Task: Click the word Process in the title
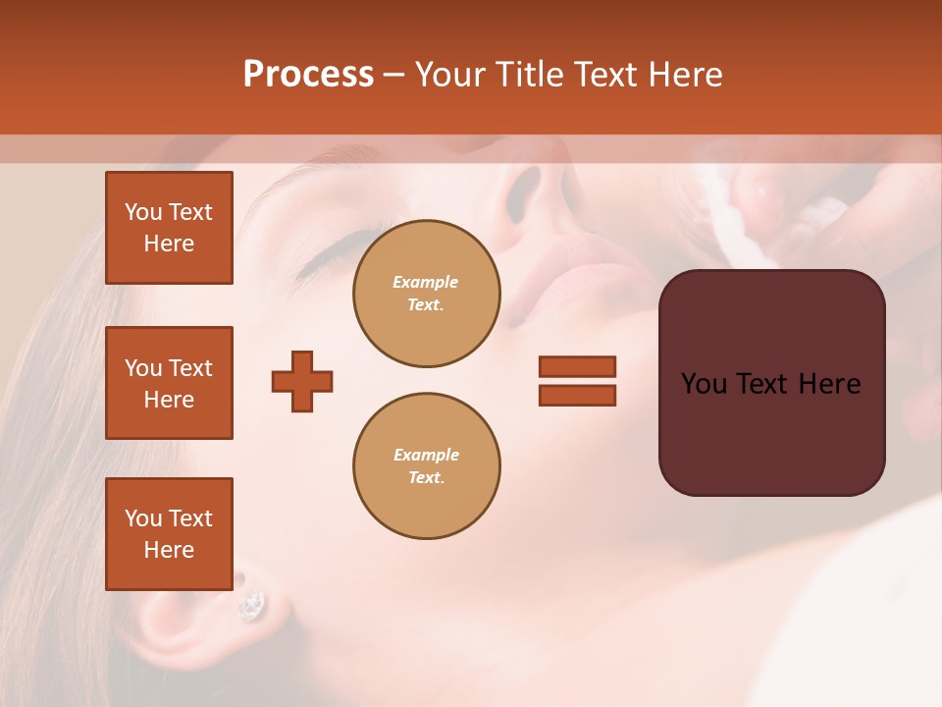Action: (x=308, y=75)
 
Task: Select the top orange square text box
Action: (x=169, y=228)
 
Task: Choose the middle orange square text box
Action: (x=169, y=383)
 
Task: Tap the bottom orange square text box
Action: (x=169, y=534)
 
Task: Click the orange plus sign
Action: (x=302, y=381)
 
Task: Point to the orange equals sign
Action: (x=577, y=381)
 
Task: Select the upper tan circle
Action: (x=426, y=293)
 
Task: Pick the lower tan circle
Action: (x=426, y=465)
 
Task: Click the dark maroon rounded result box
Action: (x=771, y=383)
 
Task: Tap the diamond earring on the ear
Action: (x=252, y=604)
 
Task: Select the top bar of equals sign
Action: (x=577, y=366)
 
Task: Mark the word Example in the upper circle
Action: (x=426, y=282)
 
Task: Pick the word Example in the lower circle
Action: (x=426, y=455)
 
